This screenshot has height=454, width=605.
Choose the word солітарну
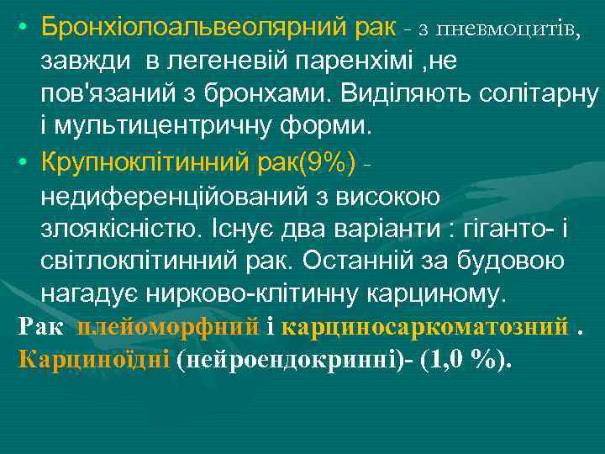click(537, 94)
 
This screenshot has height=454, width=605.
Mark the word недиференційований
click(181, 196)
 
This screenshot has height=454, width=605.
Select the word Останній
click(366, 261)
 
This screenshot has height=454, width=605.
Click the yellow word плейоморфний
click(167, 327)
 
